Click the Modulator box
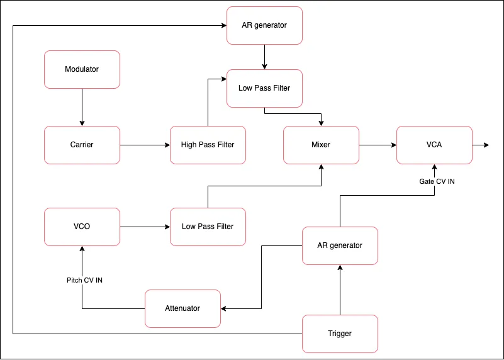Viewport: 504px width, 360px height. coord(82,69)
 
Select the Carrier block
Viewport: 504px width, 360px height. coord(82,145)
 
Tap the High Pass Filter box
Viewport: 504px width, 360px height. coord(208,145)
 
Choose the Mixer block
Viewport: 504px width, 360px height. coord(321,145)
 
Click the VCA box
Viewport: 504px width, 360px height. coord(434,145)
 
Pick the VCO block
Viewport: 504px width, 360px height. coord(82,227)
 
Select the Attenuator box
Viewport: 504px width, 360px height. coord(182,308)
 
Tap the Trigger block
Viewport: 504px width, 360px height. coord(340,334)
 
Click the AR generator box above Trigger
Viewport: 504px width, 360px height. coord(340,245)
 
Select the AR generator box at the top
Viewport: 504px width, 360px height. coord(264,25)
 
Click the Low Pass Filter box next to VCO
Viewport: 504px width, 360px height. coord(208,227)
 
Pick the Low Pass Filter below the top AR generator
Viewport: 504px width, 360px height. coord(264,88)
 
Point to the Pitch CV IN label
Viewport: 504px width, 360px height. coord(84,280)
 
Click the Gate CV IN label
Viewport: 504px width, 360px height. coord(437,181)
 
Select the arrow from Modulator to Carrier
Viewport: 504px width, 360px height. coord(82,107)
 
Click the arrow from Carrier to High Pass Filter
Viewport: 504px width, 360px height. coord(145,145)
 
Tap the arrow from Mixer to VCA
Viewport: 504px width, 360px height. coord(378,145)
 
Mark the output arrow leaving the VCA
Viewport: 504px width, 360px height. coord(481,145)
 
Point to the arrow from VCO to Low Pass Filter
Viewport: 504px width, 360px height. coord(145,227)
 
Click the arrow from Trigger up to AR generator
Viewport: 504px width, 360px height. coord(340,290)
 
